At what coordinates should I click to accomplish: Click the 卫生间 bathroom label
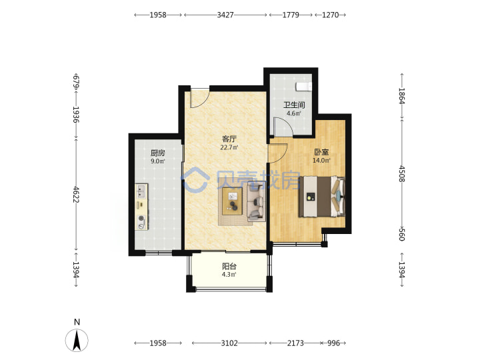tap(294, 105)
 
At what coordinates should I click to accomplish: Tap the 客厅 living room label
tap(229, 139)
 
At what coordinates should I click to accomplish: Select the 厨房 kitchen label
tap(157, 153)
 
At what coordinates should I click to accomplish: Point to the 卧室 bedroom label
tap(321, 152)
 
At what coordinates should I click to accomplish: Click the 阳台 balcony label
tap(229, 266)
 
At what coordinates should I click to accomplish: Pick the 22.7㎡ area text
tap(229, 147)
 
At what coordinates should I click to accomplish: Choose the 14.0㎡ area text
tap(321, 161)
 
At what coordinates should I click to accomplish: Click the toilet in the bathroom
tap(304, 86)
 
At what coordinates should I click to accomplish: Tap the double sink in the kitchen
tap(141, 191)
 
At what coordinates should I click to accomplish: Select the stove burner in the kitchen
tap(141, 222)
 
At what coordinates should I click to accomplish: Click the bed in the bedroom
tap(322, 197)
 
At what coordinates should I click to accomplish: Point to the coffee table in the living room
tap(233, 201)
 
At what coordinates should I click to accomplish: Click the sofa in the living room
tap(256, 201)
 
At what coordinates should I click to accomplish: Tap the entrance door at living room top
tap(199, 98)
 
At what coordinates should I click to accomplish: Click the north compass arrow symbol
tap(77, 340)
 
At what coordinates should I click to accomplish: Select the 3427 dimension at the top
tap(225, 15)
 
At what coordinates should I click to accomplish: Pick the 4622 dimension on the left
tap(76, 195)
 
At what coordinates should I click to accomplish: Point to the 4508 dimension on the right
tap(401, 174)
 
